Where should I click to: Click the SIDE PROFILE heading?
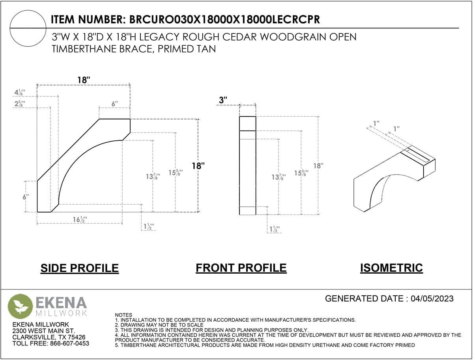pos(80,268)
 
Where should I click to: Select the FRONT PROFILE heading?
pos(241,268)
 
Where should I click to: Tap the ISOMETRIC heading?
pos(391,268)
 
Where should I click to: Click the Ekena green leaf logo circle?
pos(20,306)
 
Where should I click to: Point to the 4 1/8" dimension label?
pos(20,92)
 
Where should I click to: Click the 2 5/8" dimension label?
pos(20,104)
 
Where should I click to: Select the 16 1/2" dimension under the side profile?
pos(80,220)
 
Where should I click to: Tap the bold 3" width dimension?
pos(223,100)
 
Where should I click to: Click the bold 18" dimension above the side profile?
pos(84,80)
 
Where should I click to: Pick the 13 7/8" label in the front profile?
pos(279,177)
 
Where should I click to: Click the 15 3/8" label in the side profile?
pos(175,172)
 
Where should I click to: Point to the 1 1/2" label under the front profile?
pos(275,229)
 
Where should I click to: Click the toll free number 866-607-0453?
pos(69,343)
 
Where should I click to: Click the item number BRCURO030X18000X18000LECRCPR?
pos(224,20)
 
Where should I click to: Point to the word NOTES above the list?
pos(123,315)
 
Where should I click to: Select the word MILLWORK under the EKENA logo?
pos(62,313)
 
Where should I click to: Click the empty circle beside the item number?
pos(28,28)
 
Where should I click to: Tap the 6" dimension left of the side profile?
pos(26,197)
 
